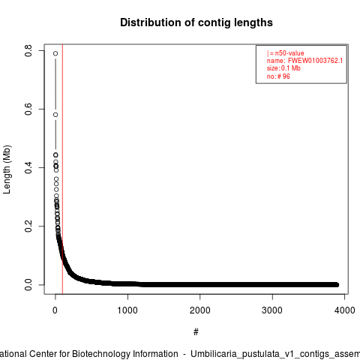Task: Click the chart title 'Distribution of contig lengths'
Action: click(x=196, y=22)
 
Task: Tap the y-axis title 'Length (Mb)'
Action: click(x=7, y=169)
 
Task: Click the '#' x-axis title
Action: click(x=196, y=332)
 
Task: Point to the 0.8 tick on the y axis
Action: click(x=28, y=50)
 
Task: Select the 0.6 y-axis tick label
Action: click(x=28, y=109)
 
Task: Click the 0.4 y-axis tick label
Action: click(x=28, y=168)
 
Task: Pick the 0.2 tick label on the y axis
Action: click(x=28, y=226)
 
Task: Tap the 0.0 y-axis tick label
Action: click(x=28, y=285)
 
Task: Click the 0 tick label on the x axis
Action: click(x=55, y=310)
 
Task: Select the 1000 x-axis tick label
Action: click(x=127, y=310)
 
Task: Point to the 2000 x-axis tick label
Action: click(x=200, y=310)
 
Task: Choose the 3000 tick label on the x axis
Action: click(x=272, y=310)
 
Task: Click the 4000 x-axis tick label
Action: click(x=345, y=310)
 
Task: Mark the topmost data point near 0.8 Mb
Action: click(x=55, y=53)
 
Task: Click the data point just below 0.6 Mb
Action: click(x=55, y=115)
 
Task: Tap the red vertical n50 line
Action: click(x=62, y=169)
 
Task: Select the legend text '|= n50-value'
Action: click(x=286, y=53)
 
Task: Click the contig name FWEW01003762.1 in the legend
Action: click(x=316, y=61)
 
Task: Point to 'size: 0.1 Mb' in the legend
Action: click(x=283, y=68)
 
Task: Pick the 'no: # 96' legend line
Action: click(x=278, y=76)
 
